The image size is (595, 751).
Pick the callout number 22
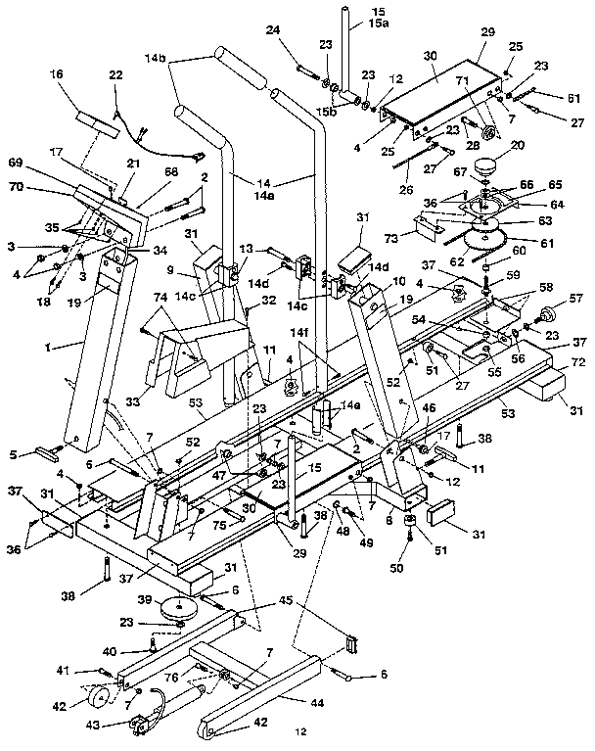(116, 75)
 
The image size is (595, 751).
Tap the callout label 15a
(351, 23)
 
